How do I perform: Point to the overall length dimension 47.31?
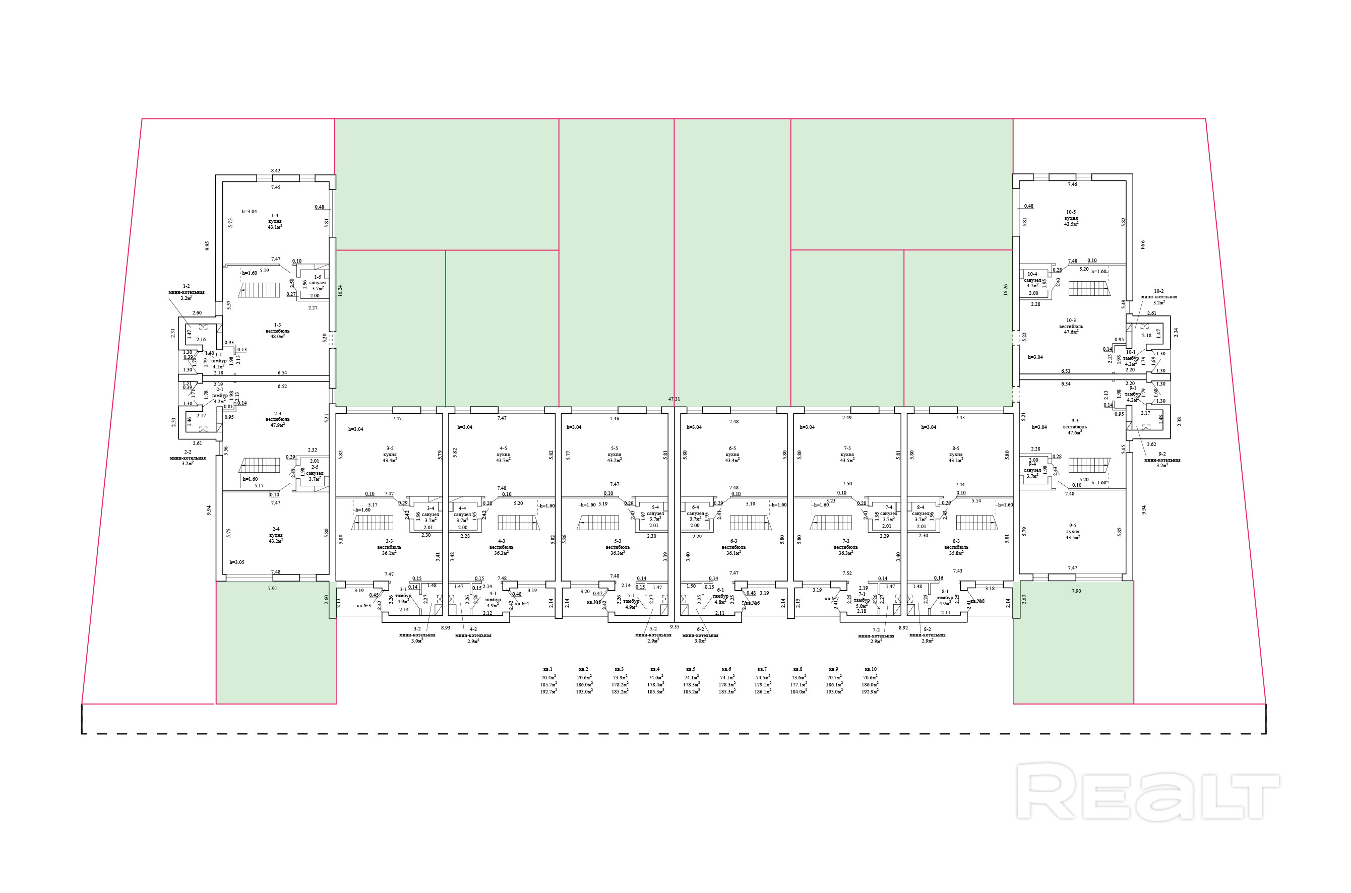(x=674, y=399)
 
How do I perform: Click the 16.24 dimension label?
(x=340, y=290)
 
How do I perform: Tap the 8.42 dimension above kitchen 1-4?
(x=276, y=170)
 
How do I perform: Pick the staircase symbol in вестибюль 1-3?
(x=260, y=289)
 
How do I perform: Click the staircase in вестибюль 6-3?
(x=751, y=522)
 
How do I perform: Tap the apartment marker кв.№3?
(x=363, y=605)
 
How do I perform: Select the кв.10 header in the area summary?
(x=870, y=669)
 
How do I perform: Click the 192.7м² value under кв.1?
(x=548, y=691)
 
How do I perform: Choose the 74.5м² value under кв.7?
(x=763, y=678)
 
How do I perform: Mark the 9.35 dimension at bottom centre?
(x=674, y=626)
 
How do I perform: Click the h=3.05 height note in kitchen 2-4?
(x=237, y=562)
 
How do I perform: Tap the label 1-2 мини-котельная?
(x=186, y=292)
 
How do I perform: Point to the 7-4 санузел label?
(x=889, y=513)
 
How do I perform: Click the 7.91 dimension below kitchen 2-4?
(x=273, y=588)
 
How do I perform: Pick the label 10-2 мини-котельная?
(x=1158, y=297)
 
